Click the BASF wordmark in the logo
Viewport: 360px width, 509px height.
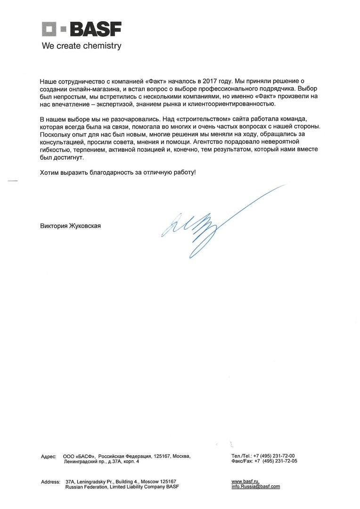96,31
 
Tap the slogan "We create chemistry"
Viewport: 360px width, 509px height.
82,46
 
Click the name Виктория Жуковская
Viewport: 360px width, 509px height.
71,226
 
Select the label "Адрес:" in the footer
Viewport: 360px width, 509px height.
49,456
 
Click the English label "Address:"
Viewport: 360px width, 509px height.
50,482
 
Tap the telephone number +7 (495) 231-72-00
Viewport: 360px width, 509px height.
274,456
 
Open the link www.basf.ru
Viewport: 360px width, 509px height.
245,481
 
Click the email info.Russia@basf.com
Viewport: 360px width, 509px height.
255,486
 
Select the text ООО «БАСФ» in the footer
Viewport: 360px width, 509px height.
79,456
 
